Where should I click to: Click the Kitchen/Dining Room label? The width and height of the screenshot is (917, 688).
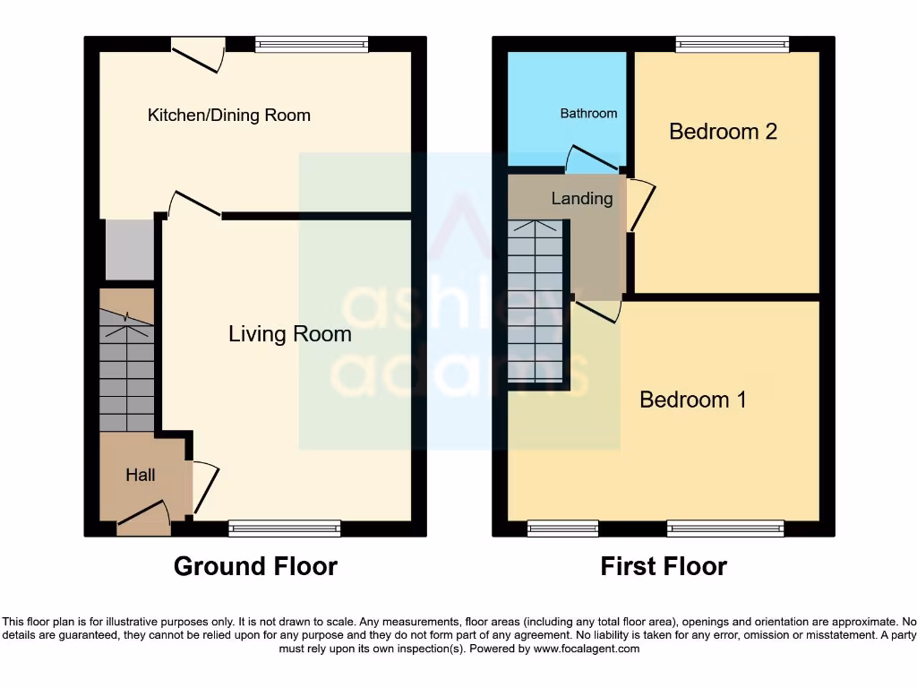pyautogui.click(x=228, y=115)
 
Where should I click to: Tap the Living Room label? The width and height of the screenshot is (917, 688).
pyautogui.click(x=289, y=334)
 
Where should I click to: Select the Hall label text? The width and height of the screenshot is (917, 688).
pyautogui.click(x=140, y=475)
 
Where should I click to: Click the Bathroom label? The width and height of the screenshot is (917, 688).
pyautogui.click(x=588, y=113)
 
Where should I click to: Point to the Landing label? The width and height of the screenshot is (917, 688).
pyautogui.click(x=581, y=198)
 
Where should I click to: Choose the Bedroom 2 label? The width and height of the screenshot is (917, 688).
pyautogui.click(x=723, y=132)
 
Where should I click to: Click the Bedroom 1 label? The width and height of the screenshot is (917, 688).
pyautogui.click(x=692, y=400)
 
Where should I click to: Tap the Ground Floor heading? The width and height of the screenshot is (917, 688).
pyautogui.click(x=255, y=566)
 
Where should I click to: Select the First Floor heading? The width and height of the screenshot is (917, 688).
pyautogui.click(x=663, y=566)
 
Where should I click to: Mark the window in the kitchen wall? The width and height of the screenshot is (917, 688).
pyautogui.click(x=311, y=45)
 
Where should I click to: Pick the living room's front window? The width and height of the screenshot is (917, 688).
pyautogui.click(x=284, y=529)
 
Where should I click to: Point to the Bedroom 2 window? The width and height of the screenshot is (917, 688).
pyautogui.click(x=732, y=45)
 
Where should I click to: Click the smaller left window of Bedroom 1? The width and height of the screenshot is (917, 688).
pyautogui.click(x=562, y=529)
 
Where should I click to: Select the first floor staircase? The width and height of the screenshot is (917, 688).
pyautogui.click(x=536, y=300)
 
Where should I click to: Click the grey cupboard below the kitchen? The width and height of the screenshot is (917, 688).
pyautogui.click(x=129, y=250)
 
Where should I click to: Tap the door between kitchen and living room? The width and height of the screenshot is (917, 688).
pyautogui.click(x=194, y=206)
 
